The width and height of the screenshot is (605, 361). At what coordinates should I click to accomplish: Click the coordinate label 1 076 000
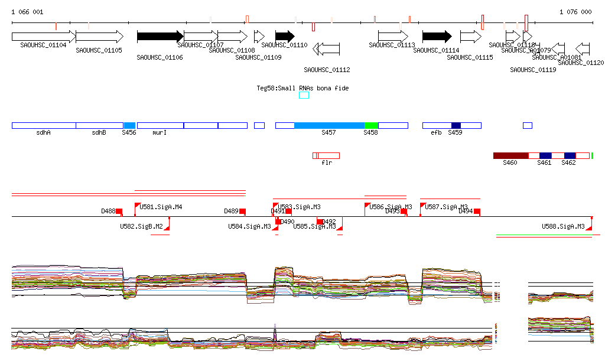(x=575, y=12)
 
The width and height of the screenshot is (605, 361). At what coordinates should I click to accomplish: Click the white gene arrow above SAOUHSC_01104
(x=43, y=36)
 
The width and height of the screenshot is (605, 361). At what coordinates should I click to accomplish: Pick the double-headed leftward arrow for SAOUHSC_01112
(x=326, y=49)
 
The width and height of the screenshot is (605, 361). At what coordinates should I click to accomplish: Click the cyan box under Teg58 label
(x=304, y=95)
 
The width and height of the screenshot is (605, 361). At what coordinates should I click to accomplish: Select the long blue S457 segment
(x=329, y=125)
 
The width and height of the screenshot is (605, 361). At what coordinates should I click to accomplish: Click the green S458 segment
(x=371, y=125)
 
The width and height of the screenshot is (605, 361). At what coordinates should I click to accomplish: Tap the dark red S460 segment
(x=510, y=155)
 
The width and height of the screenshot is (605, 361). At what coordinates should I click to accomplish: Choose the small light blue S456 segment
(x=129, y=125)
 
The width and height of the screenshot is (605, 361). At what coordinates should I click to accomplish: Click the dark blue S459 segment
(x=456, y=125)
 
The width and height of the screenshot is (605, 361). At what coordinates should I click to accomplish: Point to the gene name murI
(x=160, y=133)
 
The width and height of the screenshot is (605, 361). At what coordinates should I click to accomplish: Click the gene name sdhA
(x=43, y=133)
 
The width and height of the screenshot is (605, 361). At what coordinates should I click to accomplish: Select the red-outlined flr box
(x=326, y=155)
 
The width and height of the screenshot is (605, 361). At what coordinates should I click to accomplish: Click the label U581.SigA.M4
(x=161, y=207)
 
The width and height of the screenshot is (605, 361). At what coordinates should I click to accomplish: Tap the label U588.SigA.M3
(x=563, y=226)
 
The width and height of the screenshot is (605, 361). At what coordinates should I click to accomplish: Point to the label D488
(x=108, y=211)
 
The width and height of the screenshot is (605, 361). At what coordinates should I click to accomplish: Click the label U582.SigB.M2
(x=141, y=226)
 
